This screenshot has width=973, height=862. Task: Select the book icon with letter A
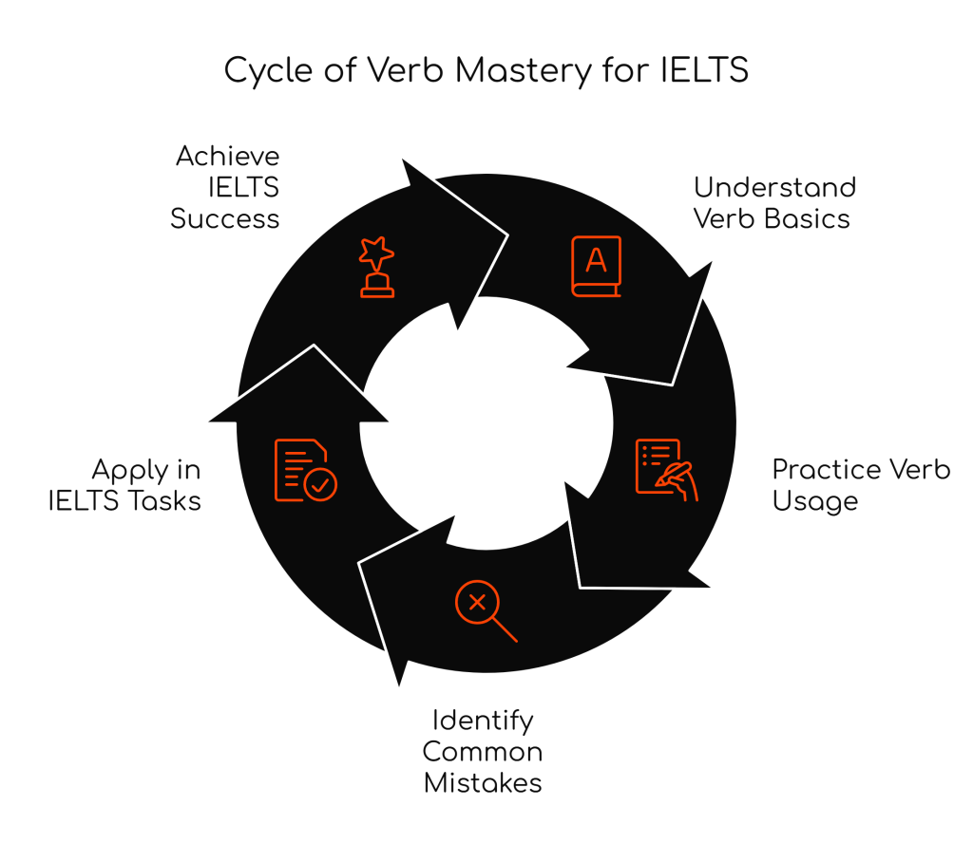coord(596,266)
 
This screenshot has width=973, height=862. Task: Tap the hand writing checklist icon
coord(666,469)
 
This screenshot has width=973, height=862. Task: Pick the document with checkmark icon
coord(304,469)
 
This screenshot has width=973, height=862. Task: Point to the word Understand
coord(774,186)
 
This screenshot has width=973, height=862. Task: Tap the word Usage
coord(814,500)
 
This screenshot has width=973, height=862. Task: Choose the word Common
coord(483,752)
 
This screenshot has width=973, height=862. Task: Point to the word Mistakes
coord(483,783)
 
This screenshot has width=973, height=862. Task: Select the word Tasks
coord(164,500)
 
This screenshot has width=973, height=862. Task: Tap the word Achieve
coord(227,155)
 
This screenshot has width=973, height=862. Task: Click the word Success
coord(225,218)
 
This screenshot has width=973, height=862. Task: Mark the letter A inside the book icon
coord(596,258)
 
